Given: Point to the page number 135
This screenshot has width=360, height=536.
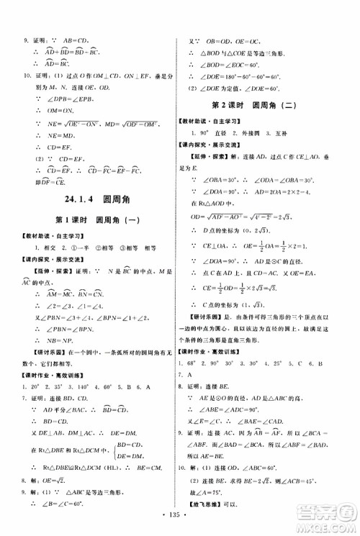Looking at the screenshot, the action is [x=180, y=515].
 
